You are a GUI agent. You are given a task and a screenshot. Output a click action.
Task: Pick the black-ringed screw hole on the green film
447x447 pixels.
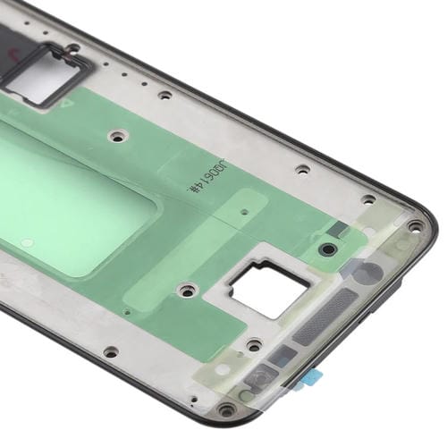pyautogui.click(x=329, y=248)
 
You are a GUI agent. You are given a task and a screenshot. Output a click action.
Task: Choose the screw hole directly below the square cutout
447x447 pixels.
pyautogui.click(x=253, y=343)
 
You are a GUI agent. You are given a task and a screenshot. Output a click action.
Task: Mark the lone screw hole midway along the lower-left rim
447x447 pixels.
pyautogui.click(x=109, y=351)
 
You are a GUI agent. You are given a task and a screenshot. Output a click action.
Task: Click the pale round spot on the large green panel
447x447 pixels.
pyautogui.click(x=28, y=241)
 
